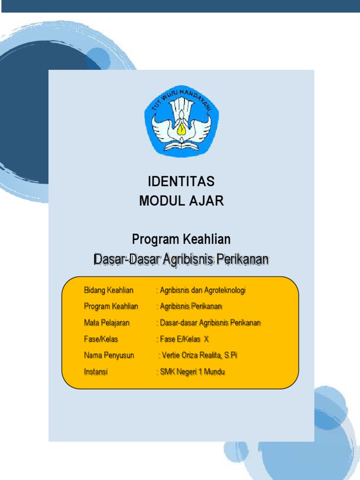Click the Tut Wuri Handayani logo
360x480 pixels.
click(x=181, y=121)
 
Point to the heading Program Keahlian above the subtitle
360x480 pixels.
click(x=181, y=240)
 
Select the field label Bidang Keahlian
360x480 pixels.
click(x=109, y=290)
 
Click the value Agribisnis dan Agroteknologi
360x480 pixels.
click(x=202, y=290)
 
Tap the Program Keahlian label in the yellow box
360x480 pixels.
click(x=111, y=307)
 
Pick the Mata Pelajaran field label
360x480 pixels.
click(x=107, y=323)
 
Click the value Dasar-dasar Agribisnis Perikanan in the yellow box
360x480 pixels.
click(x=210, y=323)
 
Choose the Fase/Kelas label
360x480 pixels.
click(x=101, y=339)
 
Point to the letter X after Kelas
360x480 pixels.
click(x=206, y=339)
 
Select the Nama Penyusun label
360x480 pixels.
click(x=109, y=355)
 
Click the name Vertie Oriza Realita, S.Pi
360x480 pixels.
click(x=199, y=355)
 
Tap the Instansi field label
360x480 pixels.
click(x=96, y=372)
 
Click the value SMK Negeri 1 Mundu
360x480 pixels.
click(x=192, y=372)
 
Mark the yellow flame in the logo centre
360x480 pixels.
click(x=181, y=127)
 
